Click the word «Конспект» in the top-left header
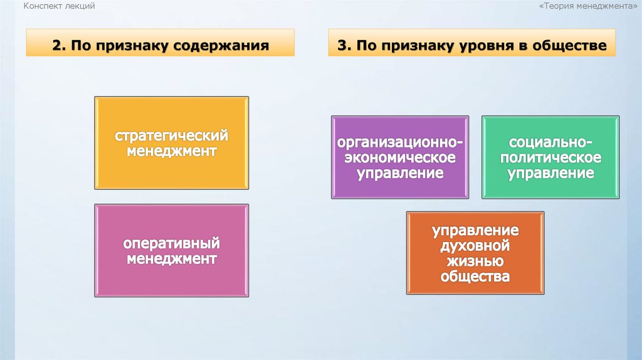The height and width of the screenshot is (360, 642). (42, 6)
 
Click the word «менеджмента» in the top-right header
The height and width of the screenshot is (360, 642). (604, 6)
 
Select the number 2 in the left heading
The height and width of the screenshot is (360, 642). (56, 46)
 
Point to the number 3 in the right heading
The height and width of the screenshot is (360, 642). (341, 46)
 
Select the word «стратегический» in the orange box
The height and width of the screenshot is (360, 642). (171, 135)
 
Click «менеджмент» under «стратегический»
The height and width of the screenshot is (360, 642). (171, 151)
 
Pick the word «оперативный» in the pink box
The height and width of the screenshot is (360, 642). (171, 243)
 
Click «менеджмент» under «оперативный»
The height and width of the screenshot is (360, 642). (171, 258)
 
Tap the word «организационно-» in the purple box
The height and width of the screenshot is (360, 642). (400, 142)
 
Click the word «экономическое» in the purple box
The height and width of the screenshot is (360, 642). (400, 157)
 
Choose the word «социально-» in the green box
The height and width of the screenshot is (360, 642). (550, 142)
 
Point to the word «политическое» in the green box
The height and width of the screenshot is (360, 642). (550, 157)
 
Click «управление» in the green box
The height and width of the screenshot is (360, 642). (550, 173)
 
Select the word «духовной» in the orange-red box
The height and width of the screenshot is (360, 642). (475, 245)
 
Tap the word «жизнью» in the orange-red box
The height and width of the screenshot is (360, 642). (475, 261)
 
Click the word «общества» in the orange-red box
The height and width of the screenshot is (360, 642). (475, 277)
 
